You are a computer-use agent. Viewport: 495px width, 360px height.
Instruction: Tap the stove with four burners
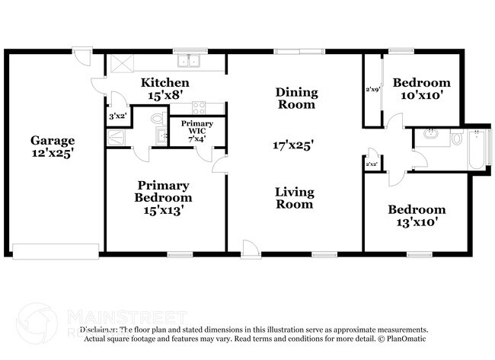tap(199, 108)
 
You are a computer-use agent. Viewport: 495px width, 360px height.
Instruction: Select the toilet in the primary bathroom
tap(158, 119)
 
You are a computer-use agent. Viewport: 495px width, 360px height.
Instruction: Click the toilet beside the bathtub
tap(456, 139)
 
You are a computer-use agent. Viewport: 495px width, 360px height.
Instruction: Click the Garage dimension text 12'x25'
tap(53, 153)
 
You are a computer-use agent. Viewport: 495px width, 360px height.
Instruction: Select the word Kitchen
tap(164, 82)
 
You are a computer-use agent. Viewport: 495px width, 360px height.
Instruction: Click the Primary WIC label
tap(196, 128)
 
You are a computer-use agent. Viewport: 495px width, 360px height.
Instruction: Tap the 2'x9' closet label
tap(372, 90)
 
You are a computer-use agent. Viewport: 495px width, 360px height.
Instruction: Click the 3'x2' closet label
tap(118, 116)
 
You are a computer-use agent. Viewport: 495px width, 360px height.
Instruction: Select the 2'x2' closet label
tap(372, 164)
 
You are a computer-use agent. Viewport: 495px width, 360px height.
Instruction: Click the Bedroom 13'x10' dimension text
tap(416, 223)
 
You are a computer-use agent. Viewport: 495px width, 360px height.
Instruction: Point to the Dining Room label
tap(295, 98)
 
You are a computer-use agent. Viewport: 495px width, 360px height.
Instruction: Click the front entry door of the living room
tap(250, 248)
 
